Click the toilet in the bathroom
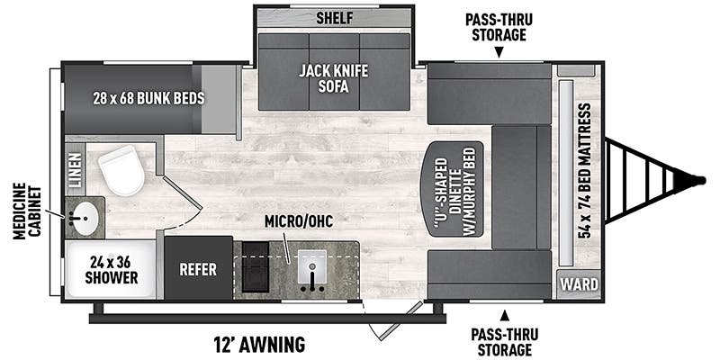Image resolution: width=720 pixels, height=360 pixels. pyautogui.click(x=121, y=170)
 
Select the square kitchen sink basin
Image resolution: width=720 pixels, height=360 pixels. pyautogui.click(x=312, y=266)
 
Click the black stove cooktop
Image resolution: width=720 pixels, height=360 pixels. pyautogui.click(x=256, y=266)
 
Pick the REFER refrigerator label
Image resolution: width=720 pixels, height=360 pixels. pyautogui.click(x=198, y=269)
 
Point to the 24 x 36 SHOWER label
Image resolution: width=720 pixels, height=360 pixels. pyautogui.click(x=111, y=269)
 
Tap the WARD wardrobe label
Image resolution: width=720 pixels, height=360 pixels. pyautogui.click(x=579, y=284)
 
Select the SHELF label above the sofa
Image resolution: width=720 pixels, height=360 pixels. pyautogui.click(x=334, y=18)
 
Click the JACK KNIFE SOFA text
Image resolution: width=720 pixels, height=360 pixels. pyautogui.click(x=334, y=78)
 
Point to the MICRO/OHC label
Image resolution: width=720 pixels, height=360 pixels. pyautogui.click(x=299, y=220)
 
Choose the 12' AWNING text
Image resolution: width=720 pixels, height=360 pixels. pyautogui.click(x=259, y=344)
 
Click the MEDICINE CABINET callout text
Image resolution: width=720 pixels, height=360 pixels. pyautogui.click(x=26, y=211)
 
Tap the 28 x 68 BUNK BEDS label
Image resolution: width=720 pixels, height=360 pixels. pyautogui.click(x=148, y=98)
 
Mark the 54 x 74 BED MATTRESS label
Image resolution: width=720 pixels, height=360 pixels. pyautogui.click(x=583, y=170)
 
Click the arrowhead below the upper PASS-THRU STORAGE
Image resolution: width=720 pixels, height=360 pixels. pyautogui.click(x=499, y=54)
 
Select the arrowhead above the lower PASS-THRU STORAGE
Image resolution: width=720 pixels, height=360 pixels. pyautogui.click(x=505, y=315)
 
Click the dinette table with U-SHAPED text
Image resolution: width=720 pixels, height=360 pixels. pyautogui.click(x=452, y=189)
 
